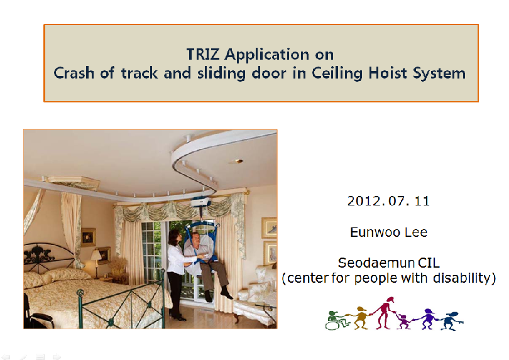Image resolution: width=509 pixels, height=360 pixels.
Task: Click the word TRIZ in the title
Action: pos(203,54)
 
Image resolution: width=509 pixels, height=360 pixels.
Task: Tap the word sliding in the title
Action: pos(221,74)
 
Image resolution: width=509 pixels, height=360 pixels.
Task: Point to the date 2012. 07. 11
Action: pos(388,201)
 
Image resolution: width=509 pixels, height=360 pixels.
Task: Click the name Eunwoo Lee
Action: pos(388,232)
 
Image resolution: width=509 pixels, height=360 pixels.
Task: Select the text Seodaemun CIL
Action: pos(388,263)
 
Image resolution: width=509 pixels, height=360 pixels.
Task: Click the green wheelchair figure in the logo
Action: pos(337,320)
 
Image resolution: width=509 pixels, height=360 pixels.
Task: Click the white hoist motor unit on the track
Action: pos(200,202)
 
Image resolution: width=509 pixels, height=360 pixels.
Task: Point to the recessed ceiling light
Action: pos(236,161)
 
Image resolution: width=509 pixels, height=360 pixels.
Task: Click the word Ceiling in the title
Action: pos(337,74)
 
